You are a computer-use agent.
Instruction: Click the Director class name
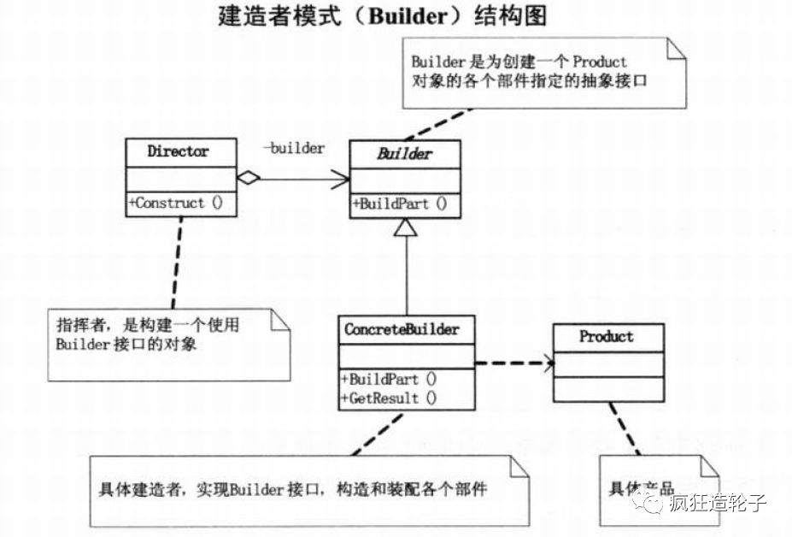178,152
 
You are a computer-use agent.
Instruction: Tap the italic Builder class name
406,155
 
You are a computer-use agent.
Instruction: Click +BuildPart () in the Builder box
399,204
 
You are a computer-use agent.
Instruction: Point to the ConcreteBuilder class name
402,329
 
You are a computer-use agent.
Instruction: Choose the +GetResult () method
389,398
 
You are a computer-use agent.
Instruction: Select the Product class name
607,336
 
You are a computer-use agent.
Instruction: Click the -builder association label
293,149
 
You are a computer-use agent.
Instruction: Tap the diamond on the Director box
247,179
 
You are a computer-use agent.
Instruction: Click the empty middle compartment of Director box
180,179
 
